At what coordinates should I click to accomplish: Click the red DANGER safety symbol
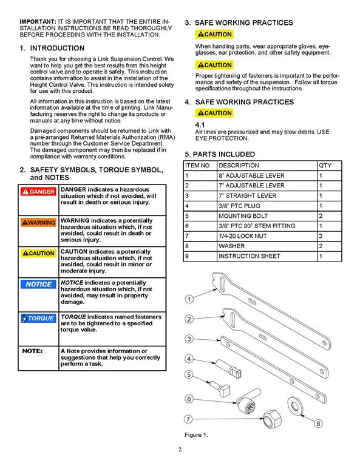tap(38, 192)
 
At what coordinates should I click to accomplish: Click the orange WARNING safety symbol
tap(38, 223)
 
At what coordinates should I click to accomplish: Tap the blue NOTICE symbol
tap(38, 284)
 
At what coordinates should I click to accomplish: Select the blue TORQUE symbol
tap(38, 318)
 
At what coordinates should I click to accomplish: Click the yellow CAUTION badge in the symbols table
tap(38, 253)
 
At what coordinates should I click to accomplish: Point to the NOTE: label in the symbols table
tap(32, 351)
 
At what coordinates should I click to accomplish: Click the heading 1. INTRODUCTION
tap(52, 48)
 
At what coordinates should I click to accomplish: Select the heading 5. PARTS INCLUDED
tap(220, 154)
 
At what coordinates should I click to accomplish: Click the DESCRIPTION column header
tap(239, 166)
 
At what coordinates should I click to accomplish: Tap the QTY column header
tap(325, 166)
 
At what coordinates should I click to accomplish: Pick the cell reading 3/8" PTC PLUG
tap(239, 206)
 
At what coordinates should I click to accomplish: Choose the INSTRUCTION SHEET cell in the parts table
tap(249, 256)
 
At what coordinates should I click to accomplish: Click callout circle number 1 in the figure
tap(189, 299)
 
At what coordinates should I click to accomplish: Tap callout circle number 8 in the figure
tap(318, 423)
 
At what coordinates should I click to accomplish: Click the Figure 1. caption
tap(196, 434)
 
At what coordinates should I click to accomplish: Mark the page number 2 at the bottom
tap(180, 450)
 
